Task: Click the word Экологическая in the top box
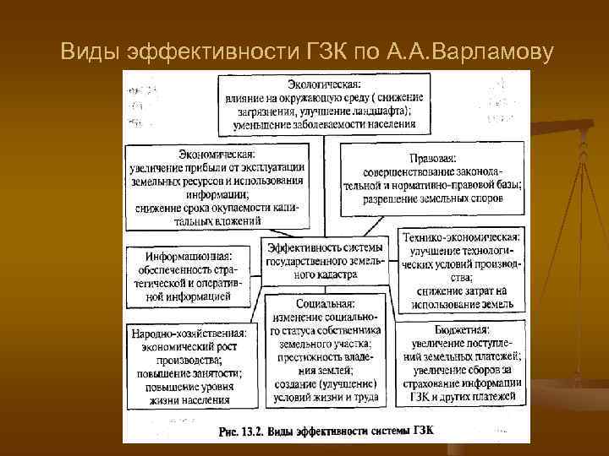pyautogui.click(x=324, y=85)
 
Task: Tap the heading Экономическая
pyautogui.click(x=217, y=155)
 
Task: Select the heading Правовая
pyautogui.click(x=432, y=158)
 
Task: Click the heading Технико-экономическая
pyautogui.click(x=461, y=237)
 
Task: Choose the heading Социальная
pyautogui.click(x=326, y=301)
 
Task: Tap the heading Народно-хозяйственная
pyautogui.click(x=189, y=334)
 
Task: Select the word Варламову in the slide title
pyautogui.click(x=492, y=52)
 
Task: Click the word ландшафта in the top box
pyautogui.click(x=378, y=111)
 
